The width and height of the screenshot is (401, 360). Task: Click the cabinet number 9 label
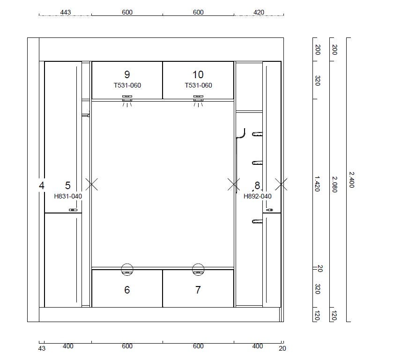coord(127,74)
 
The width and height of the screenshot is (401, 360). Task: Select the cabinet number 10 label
coord(198,74)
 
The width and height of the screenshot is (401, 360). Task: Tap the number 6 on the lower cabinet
coord(127,290)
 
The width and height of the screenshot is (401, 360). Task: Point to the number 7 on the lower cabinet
coord(198,290)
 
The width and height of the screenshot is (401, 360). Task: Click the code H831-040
coord(68,196)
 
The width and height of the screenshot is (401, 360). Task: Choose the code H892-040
coord(258,196)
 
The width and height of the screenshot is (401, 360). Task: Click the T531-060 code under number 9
coord(127,85)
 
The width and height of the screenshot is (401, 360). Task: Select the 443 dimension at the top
coord(66,12)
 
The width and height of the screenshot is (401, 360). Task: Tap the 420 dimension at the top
coord(259,12)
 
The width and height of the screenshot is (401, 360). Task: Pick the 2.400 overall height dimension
coord(352,180)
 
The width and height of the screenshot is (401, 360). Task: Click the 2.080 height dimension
coord(334,184)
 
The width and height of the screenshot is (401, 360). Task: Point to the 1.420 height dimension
coord(317,184)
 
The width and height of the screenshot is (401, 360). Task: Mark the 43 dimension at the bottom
coord(42,348)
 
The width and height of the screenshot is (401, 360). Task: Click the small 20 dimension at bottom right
coord(282,348)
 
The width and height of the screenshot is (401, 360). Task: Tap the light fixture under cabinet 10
coord(198,101)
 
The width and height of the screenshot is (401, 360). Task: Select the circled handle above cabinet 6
coord(127,270)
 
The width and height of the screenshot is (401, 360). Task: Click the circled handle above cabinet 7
coord(198,270)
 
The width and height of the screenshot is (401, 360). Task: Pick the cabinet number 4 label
coord(42,185)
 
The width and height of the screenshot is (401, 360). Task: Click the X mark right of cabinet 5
coord(91,184)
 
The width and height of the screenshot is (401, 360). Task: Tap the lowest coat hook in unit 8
coord(257,221)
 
